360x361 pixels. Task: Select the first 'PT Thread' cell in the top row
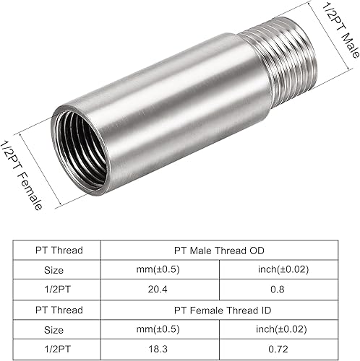coord(59,251)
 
